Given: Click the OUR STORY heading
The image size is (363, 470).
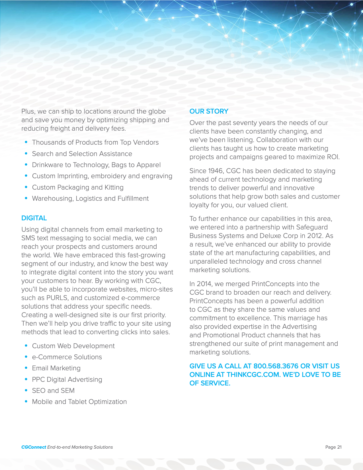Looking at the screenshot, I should point(209,111).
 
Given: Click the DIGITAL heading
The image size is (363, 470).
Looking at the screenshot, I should point(34,218).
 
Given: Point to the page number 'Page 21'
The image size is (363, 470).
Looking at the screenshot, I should point(333,447).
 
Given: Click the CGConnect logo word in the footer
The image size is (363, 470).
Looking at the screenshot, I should point(34,447).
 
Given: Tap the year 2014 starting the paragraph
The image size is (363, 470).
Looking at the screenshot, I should point(204,284).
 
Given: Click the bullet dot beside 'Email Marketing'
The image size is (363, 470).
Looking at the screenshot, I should point(26,368).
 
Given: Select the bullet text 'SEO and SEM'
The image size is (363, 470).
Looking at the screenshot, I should point(53,391).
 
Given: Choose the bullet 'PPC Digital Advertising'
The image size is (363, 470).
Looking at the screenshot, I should point(67,379).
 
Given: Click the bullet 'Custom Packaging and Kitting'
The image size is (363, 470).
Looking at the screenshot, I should point(78,187).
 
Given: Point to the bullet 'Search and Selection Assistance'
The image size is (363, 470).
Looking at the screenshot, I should point(82,154).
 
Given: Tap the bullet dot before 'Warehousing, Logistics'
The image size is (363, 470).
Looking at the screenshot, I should point(26,198).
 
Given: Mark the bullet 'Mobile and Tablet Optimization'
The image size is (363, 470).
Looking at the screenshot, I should point(79,402).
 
